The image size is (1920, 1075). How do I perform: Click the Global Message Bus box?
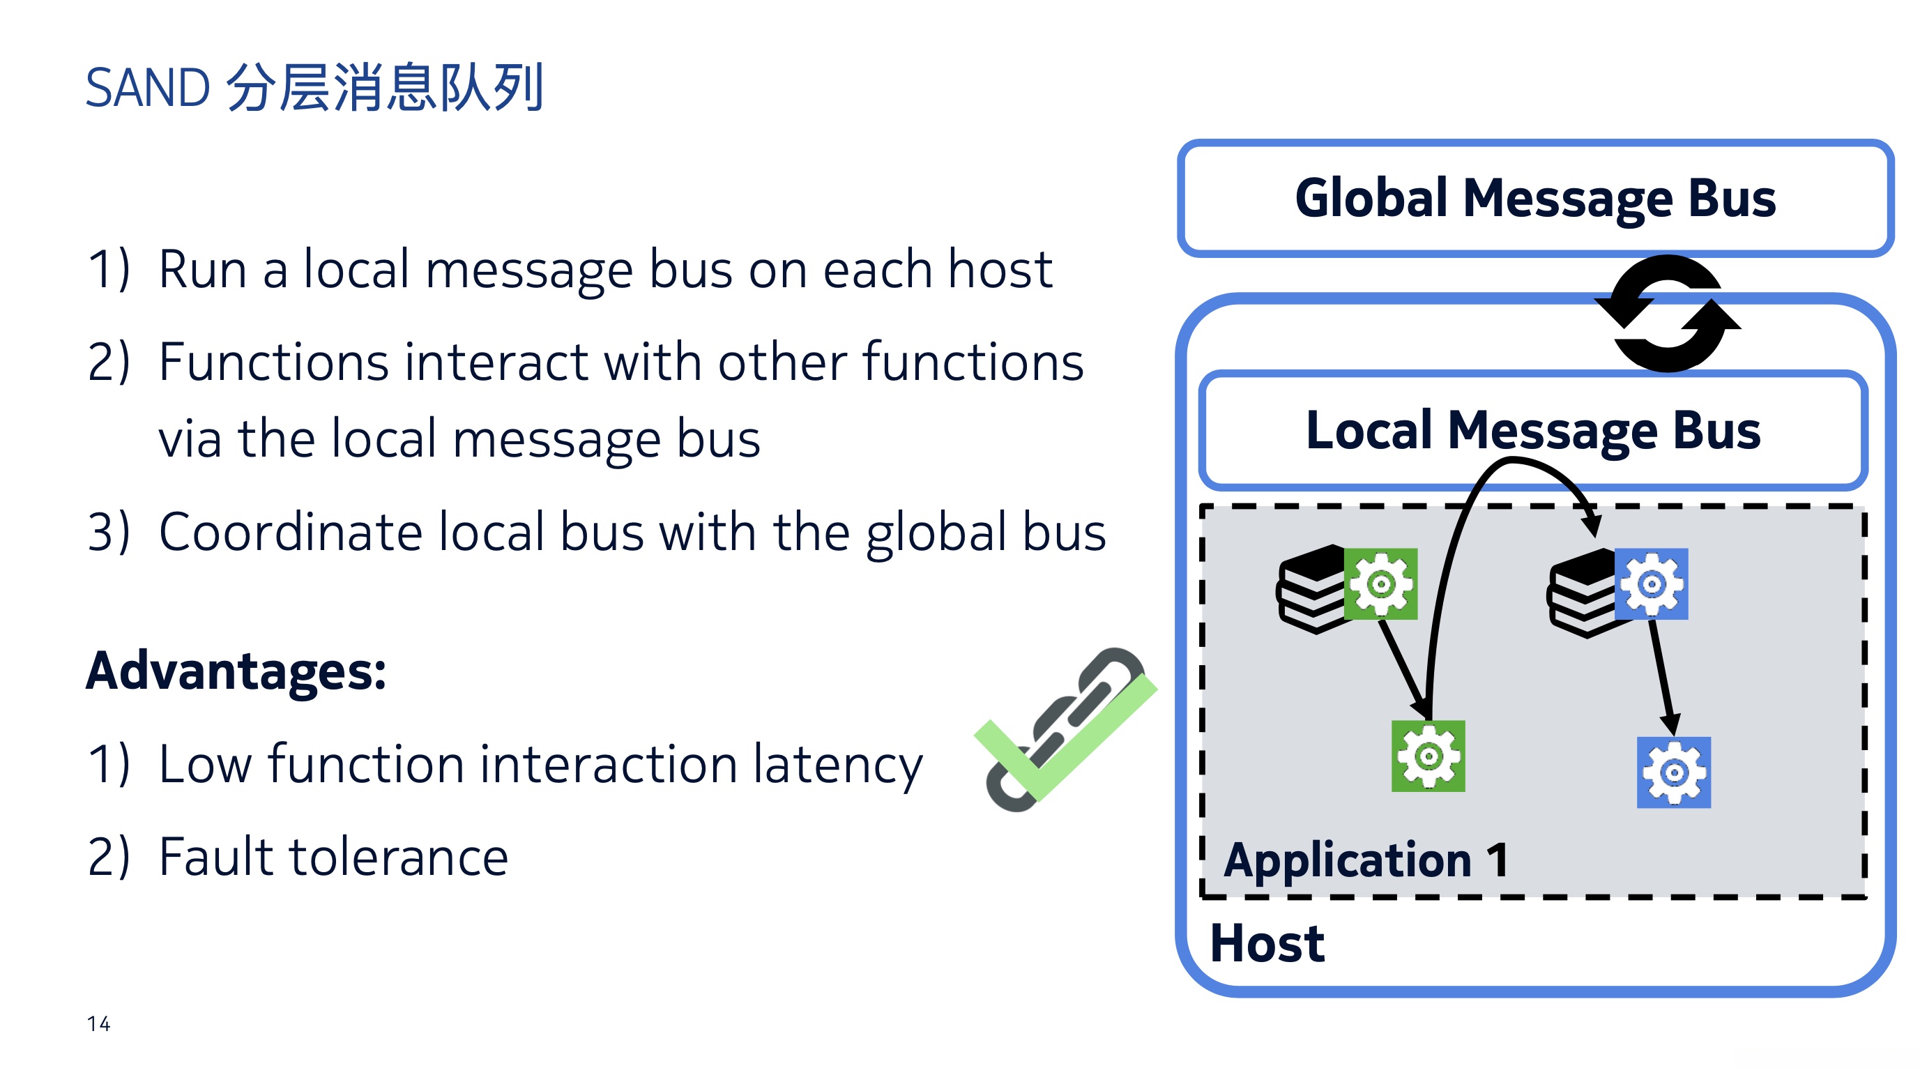click(1535, 198)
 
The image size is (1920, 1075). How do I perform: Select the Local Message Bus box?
click(1533, 430)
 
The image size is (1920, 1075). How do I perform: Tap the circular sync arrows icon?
click(1668, 313)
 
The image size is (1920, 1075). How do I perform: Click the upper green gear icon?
click(1380, 584)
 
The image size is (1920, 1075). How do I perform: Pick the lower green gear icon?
click(1428, 756)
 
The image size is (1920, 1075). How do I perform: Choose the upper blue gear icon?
click(1651, 584)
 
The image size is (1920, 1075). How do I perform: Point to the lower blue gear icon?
click(1673, 772)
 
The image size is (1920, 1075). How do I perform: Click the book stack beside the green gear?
click(1312, 589)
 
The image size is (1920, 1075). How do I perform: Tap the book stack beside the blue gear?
click(1583, 593)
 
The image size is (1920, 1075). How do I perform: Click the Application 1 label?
click(1366, 860)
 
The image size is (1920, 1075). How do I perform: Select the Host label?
click(1267, 943)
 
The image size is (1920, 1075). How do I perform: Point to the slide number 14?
click(98, 1023)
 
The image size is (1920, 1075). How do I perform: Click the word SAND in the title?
click(148, 87)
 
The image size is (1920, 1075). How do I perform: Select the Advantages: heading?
click(236, 671)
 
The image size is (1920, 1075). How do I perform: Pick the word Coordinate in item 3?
click(291, 533)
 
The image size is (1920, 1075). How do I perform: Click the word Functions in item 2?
click(273, 362)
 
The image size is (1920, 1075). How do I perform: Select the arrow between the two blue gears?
click(1662, 678)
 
